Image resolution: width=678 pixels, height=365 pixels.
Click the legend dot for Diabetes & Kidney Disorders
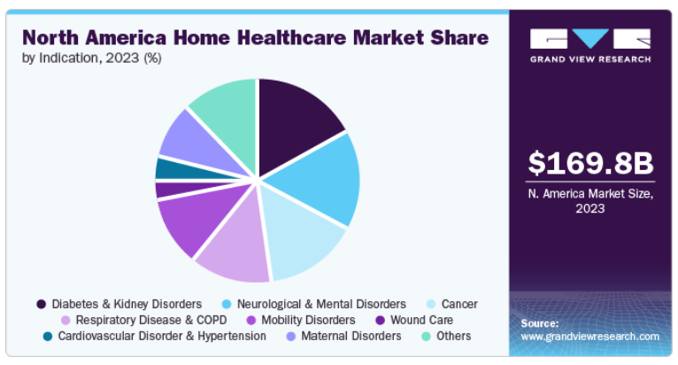point(42,305)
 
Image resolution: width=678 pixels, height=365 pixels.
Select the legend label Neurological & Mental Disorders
point(321,305)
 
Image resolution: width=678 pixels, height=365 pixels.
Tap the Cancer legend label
point(459,305)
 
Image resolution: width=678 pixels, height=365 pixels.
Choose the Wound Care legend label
point(421,321)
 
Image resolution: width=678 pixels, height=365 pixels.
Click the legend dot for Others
point(427,337)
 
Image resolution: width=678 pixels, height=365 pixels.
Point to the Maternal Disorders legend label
point(351,337)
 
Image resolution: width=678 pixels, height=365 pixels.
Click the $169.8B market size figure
point(590,163)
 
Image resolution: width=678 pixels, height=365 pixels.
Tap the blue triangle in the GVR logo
point(590,38)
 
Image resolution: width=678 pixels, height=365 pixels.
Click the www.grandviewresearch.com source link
point(589,337)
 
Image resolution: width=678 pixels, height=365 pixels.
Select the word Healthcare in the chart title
point(291,38)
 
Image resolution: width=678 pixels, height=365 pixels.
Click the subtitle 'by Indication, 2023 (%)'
point(92,58)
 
